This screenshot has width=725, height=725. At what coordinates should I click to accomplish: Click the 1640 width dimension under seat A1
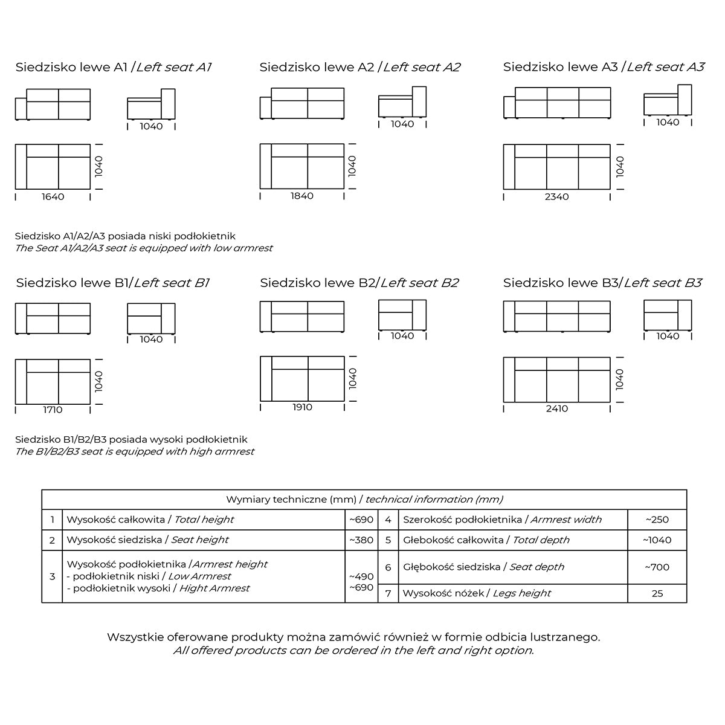click(53, 196)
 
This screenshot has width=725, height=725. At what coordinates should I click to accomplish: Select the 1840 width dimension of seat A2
click(302, 196)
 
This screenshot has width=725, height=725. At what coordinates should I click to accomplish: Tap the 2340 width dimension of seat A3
click(556, 196)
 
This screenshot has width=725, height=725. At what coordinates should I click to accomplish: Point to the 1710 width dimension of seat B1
click(53, 410)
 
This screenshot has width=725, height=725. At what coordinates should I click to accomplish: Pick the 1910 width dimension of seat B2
click(302, 407)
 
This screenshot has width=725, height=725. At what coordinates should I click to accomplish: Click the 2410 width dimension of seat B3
click(556, 408)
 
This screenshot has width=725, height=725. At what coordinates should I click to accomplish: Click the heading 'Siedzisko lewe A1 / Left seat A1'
click(114, 67)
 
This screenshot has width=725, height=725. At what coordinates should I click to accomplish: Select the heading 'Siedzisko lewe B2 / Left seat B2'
click(359, 283)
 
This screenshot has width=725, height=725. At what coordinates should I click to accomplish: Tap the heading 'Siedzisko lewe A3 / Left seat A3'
click(604, 67)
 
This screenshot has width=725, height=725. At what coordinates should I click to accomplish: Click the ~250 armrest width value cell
click(657, 520)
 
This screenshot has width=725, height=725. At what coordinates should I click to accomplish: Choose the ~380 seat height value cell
click(361, 540)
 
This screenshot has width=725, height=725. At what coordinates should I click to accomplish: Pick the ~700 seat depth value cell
click(657, 567)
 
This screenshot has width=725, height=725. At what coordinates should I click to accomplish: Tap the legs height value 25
click(657, 593)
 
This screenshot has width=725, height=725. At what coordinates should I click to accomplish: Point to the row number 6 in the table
click(388, 567)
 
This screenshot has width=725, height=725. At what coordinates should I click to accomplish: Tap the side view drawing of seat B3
click(667, 315)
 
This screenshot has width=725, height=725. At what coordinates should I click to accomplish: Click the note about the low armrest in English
click(144, 248)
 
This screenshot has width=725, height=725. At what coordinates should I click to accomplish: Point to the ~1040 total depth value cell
click(657, 540)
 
